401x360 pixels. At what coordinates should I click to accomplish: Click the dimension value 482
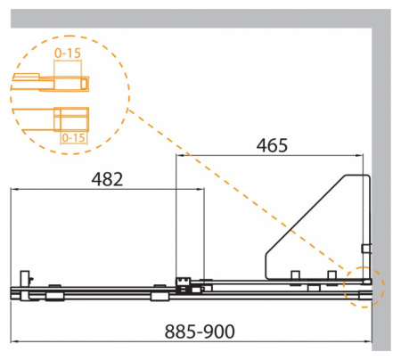pos(107,179)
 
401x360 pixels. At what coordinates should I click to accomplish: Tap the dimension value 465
pos(272,145)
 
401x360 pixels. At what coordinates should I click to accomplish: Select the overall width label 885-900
pos(200,331)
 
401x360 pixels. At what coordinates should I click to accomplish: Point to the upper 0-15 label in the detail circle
pos(68,53)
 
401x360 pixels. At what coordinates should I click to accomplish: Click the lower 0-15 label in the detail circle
pos(74,138)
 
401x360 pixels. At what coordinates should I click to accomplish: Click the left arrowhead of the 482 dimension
pos(13,189)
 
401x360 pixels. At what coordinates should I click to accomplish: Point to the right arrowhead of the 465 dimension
pos(360,155)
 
